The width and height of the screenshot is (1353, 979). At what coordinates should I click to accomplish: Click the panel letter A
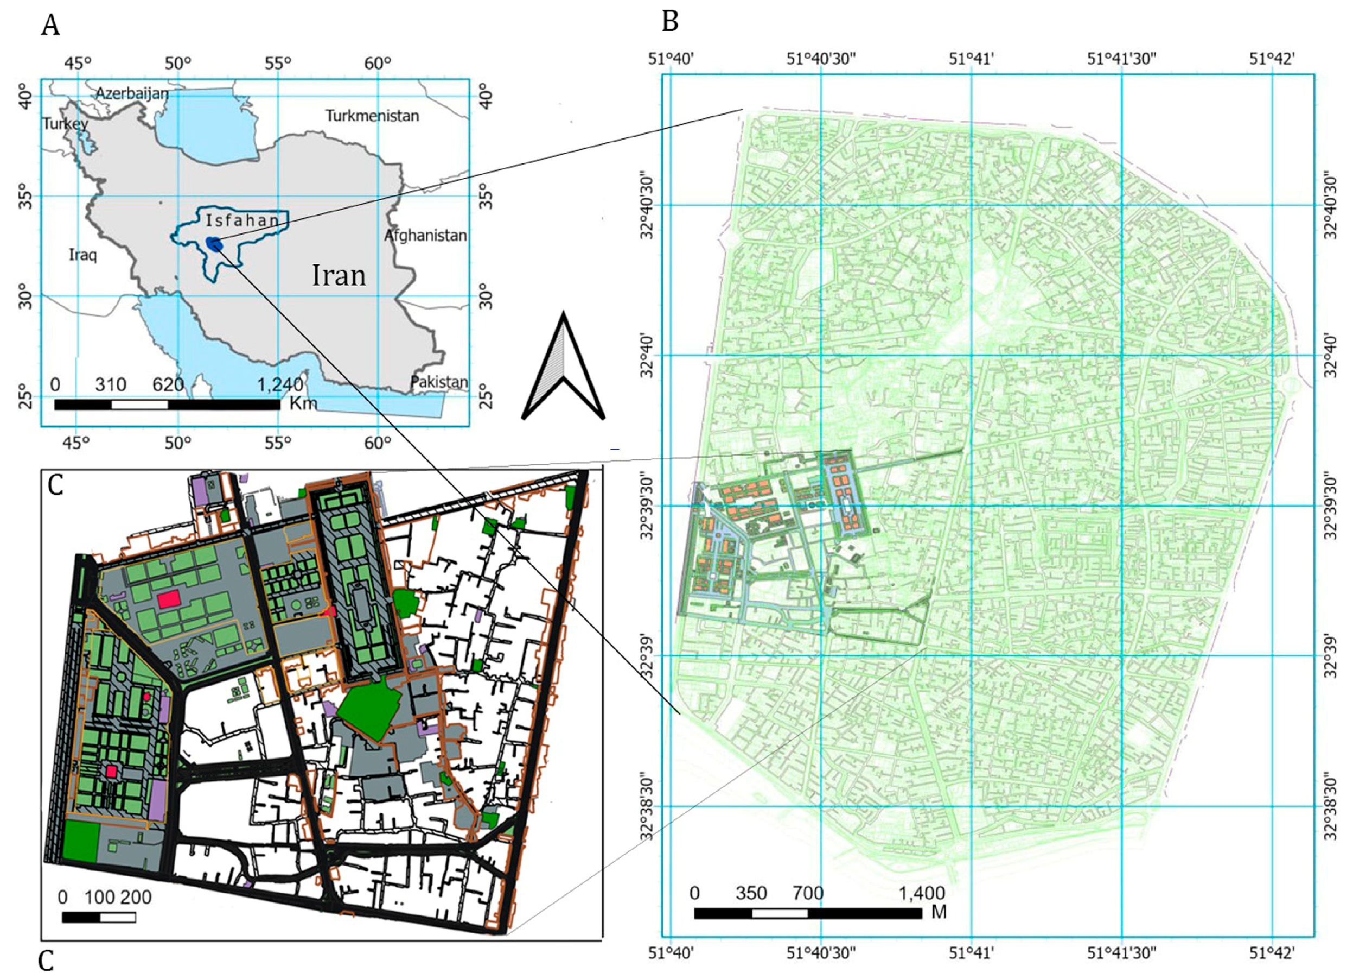click(50, 26)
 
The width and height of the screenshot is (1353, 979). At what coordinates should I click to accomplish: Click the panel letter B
click(670, 22)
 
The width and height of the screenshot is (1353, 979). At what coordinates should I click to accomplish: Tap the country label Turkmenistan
click(372, 116)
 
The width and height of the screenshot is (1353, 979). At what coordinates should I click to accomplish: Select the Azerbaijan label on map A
click(132, 94)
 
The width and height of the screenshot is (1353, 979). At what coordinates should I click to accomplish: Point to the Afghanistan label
click(425, 235)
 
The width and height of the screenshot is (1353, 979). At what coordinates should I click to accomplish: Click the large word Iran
click(339, 276)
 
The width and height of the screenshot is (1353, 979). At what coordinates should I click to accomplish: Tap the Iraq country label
click(82, 255)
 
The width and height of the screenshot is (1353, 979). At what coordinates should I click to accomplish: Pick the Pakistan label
click(439, 382)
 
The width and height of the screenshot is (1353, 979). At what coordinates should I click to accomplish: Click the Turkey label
click(65, 124)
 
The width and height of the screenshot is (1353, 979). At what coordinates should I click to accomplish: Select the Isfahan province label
click(242, 221)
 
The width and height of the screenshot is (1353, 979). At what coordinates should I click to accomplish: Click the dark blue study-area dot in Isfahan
click(214, 243)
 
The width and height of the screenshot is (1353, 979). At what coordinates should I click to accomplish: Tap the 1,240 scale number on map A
click(280, 384)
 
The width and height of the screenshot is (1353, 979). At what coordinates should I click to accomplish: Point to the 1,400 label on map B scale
click(922, 893)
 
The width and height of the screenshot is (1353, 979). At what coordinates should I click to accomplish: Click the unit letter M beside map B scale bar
click(939, 913)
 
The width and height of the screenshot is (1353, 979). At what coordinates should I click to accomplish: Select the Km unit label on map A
click(303, 403)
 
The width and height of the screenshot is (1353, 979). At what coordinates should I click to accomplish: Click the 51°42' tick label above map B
click(1273, 59)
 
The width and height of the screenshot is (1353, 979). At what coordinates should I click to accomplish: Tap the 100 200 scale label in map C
click(118, 897)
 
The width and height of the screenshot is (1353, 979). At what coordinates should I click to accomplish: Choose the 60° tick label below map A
click(378, 443)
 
